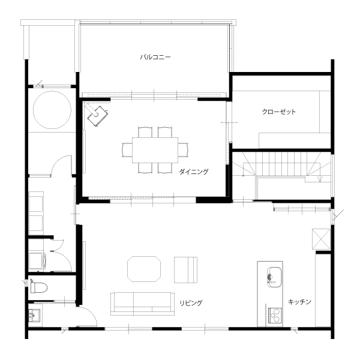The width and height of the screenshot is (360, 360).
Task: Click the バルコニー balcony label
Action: coord(155,57)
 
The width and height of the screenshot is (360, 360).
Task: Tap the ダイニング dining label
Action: coord(194,172)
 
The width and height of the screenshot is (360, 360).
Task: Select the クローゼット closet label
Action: coord(279,112)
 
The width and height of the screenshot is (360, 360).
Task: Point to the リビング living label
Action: coord(191,303)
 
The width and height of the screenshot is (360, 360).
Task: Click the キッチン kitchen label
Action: coord(299,301)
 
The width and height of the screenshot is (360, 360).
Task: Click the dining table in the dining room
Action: coord(155,150)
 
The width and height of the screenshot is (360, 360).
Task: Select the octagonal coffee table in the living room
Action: coord(144,269)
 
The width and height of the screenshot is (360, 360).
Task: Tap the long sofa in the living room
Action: coord(142,304)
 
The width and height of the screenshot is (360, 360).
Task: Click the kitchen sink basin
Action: coord(274,277)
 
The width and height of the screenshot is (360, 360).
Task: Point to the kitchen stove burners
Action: coord(275,316)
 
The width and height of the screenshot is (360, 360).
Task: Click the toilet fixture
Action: coord(39,287)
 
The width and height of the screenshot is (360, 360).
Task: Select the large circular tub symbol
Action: coord(52,110)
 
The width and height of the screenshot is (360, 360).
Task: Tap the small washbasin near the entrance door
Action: coord(34,315)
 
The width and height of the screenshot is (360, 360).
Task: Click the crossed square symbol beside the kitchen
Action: coord(321,239)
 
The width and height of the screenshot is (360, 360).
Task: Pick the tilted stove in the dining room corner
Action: coord(97,115)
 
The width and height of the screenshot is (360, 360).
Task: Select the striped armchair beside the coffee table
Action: coord(185,270)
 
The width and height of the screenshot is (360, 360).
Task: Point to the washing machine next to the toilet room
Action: coord(37,261)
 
